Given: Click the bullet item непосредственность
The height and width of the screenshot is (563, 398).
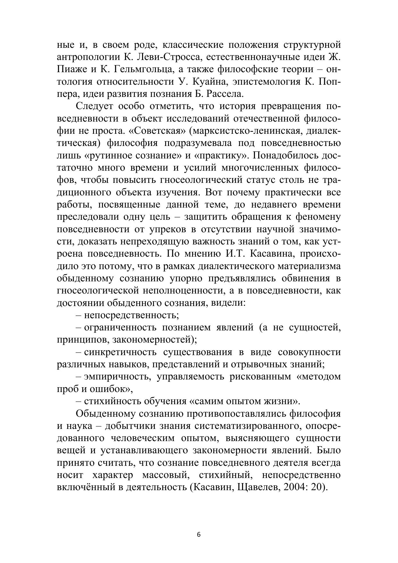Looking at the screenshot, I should pos(131,315).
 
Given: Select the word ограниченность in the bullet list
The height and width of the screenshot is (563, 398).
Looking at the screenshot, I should pos(120,328).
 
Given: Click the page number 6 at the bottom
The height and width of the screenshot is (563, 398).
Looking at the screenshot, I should pos(199,535).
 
